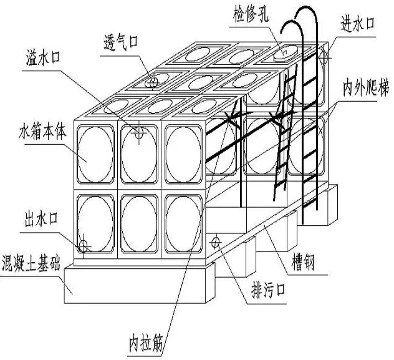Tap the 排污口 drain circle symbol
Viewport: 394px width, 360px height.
216,241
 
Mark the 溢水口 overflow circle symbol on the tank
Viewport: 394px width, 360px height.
140,132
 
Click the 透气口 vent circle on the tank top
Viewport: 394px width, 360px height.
153,82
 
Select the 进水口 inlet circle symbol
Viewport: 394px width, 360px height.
324,57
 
